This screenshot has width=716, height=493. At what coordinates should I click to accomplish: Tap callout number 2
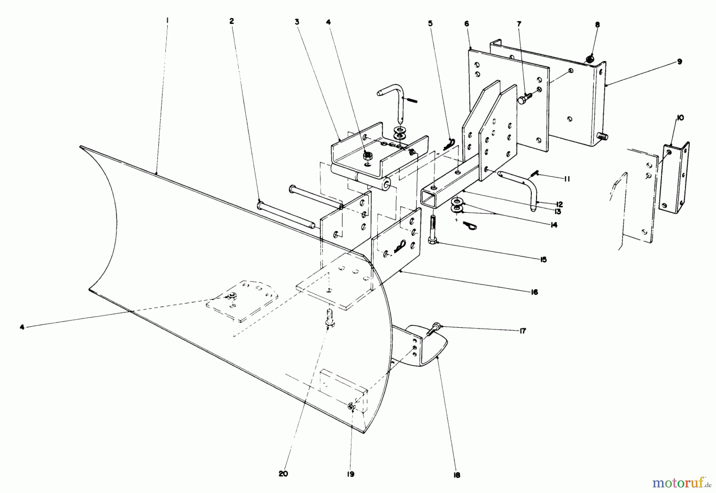pos(232,21)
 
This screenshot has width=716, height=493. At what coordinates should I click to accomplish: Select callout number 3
pos(297,22)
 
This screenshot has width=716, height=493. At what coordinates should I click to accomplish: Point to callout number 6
pos(467,24)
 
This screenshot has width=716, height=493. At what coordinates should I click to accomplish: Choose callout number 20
pos(283,474)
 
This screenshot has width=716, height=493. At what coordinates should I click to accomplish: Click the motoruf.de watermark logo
pos(679,483)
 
